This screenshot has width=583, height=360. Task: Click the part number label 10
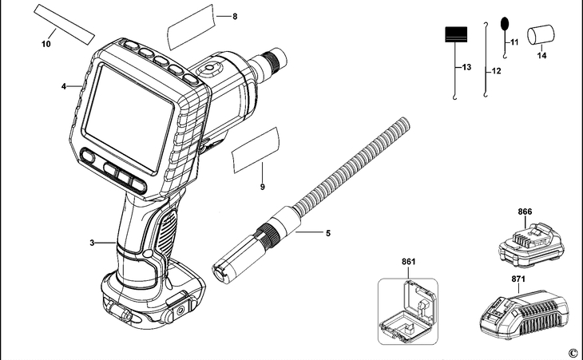(46, 44)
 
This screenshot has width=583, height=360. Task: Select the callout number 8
(235, 17)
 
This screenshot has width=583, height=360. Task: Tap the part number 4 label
(63, 85)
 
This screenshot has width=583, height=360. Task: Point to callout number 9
(262, 187)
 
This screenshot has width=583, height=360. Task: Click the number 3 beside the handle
(93, 242)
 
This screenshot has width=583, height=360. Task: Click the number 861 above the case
(408, 261)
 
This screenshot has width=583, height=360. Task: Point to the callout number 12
(496, 72)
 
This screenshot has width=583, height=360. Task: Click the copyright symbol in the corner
(572, 352)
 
